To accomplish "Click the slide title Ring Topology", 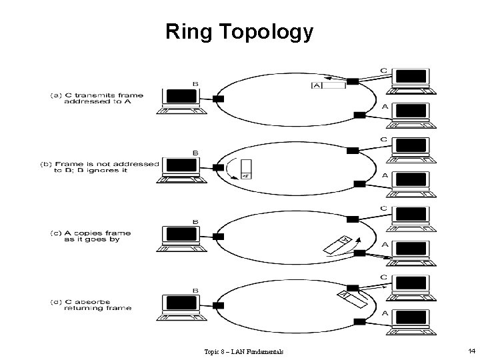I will [239, 31].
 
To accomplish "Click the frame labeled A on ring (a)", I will [327, 85].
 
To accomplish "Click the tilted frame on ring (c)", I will [339, 244].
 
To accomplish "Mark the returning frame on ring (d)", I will [353, 299].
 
